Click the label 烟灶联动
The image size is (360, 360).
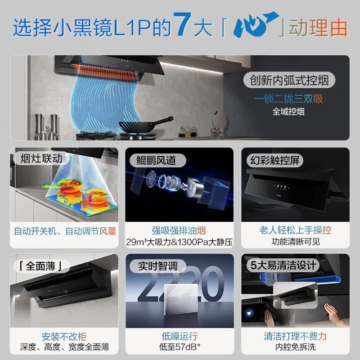(41, 158)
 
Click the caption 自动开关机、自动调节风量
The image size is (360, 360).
(65, 231)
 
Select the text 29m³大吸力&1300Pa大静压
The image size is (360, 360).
(180, 242)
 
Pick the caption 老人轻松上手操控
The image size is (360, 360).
(295, 231)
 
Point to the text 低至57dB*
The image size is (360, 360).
(180, 347)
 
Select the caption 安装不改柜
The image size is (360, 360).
(64, 336)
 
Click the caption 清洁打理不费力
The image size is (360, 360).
(295, 336)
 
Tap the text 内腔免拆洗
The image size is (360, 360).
(295, 347)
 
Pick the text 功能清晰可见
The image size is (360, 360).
(295, 242)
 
